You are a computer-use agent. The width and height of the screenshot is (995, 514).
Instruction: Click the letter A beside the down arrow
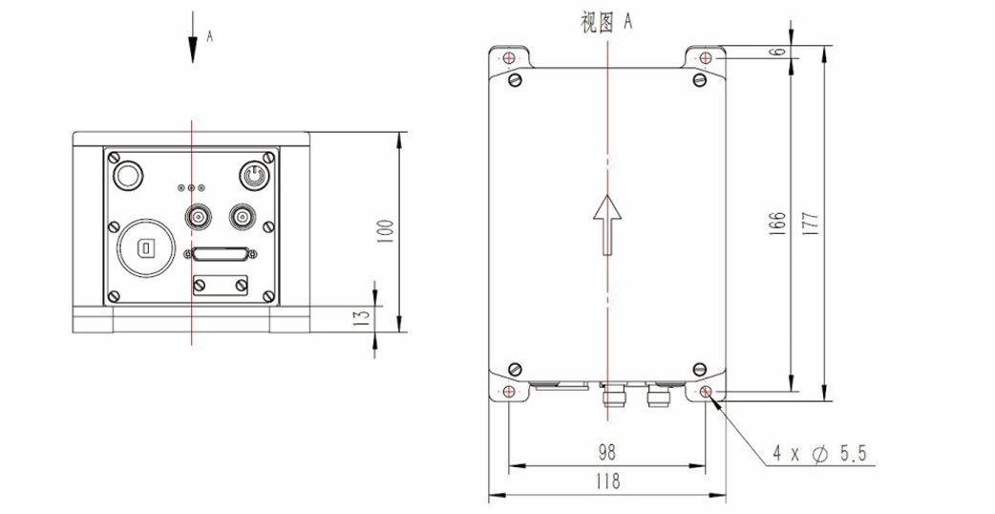[x=210, y=36]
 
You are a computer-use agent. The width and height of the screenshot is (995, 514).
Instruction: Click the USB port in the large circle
[x=145, y=248]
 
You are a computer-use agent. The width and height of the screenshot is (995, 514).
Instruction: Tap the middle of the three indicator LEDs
[x=191, y=188]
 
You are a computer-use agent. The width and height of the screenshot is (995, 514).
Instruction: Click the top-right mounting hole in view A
[x=706, y=58]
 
